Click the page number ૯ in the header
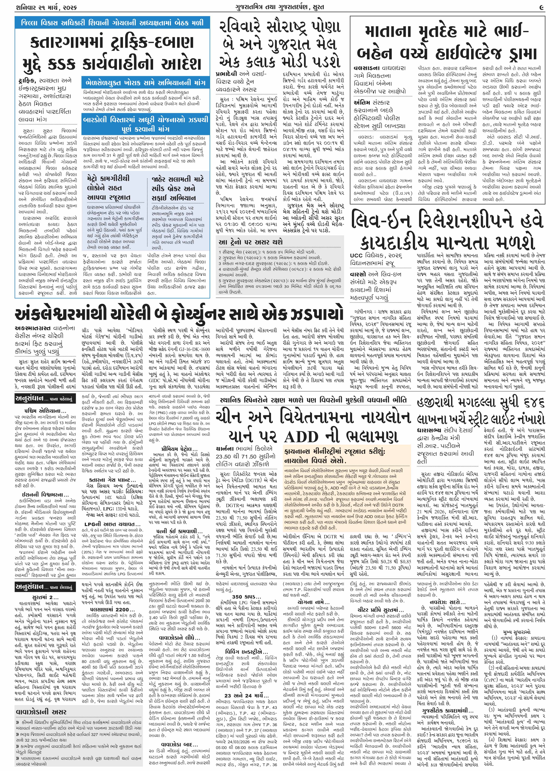(541, 6)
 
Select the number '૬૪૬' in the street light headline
(530, 403)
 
